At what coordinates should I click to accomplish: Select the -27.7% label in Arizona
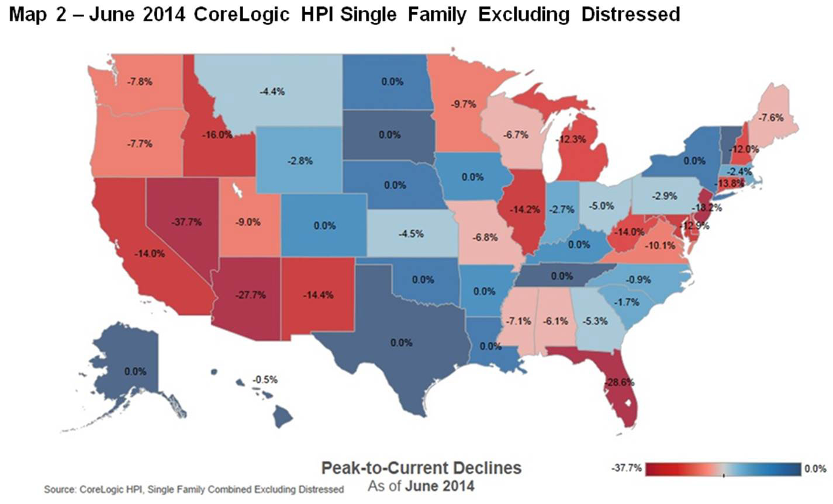(251, 295)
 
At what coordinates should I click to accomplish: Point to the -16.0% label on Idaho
(218, 134)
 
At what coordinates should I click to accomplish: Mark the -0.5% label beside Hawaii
(265, 380)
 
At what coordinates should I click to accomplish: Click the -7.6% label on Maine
(770, 117)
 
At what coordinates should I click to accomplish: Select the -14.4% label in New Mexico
(318, 295)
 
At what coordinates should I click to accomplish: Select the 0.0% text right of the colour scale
(815, 468)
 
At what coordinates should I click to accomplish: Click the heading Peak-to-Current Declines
(421, 468)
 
